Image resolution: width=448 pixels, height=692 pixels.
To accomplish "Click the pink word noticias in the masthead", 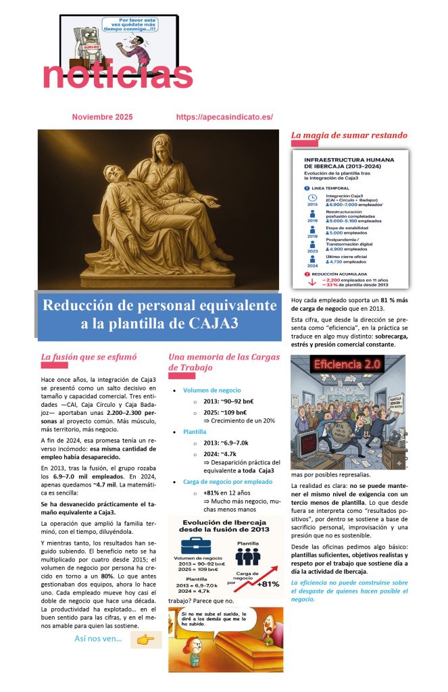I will click(118, 75).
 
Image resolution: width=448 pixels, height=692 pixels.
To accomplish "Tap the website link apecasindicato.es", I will click(224, 117).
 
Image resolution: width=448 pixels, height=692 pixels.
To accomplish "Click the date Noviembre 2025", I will click(102, 117).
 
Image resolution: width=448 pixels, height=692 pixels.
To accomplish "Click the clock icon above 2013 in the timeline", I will click(312, 198).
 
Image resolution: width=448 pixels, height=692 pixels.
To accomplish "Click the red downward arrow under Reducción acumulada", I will click(312, 282).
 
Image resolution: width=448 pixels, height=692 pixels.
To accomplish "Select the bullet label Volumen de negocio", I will click(211, 390).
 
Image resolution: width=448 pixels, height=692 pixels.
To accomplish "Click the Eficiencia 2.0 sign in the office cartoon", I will click(348, 364).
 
